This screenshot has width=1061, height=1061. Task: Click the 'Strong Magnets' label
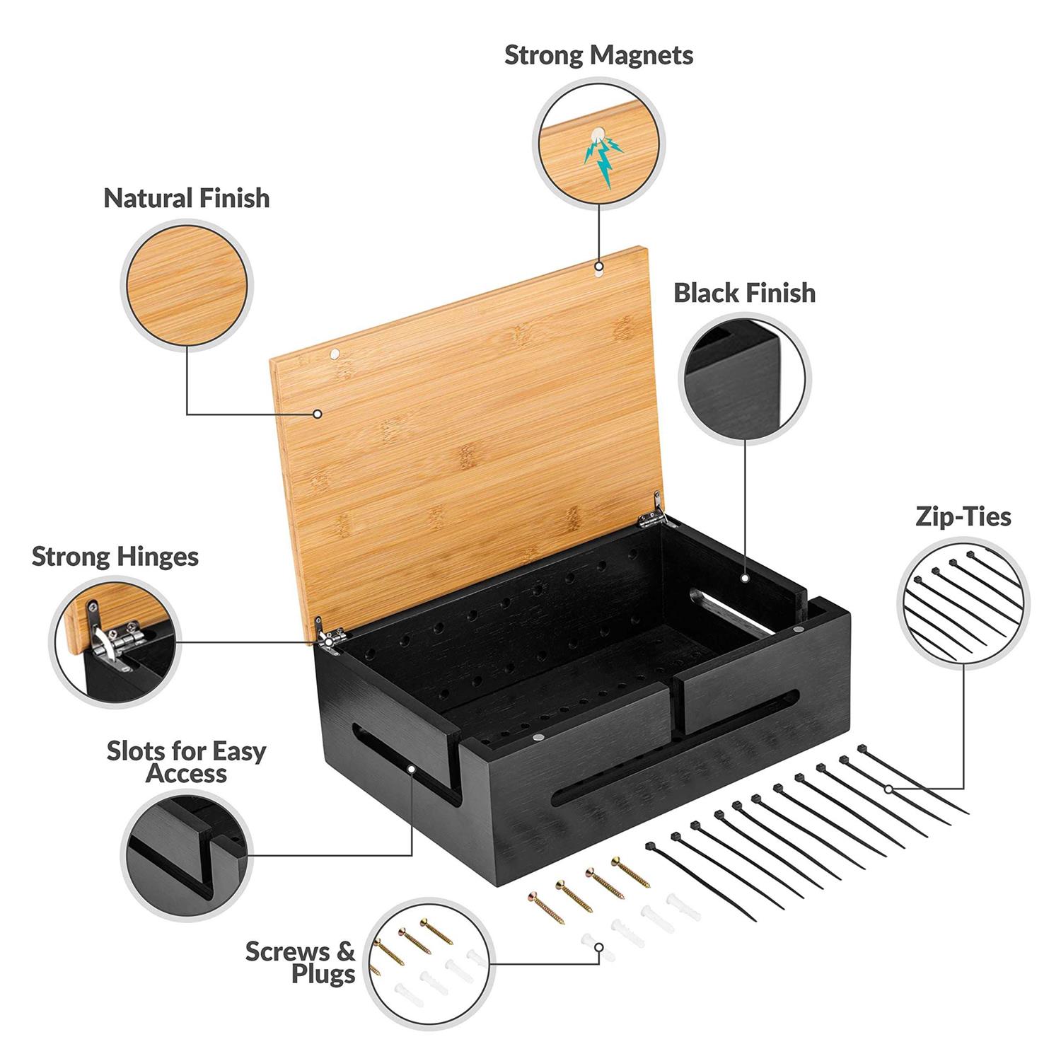point(598,55)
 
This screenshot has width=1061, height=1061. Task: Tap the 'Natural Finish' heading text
point(187,198)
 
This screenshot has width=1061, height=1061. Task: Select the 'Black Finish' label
point(744,293)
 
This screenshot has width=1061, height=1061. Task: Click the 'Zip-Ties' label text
point(963,516)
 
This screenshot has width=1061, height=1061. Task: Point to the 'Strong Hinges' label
point(115,557)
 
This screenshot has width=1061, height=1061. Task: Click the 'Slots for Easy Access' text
point(187,761)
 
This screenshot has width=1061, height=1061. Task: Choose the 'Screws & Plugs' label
point(301,963)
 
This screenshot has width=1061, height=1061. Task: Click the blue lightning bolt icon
point(601,160)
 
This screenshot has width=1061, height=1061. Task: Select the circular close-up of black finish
point(744,378)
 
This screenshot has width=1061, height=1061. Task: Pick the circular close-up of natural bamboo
point(187,286)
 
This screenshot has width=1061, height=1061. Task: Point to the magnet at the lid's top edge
point(599,268)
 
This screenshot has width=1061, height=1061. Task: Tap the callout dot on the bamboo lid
point(318,414)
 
